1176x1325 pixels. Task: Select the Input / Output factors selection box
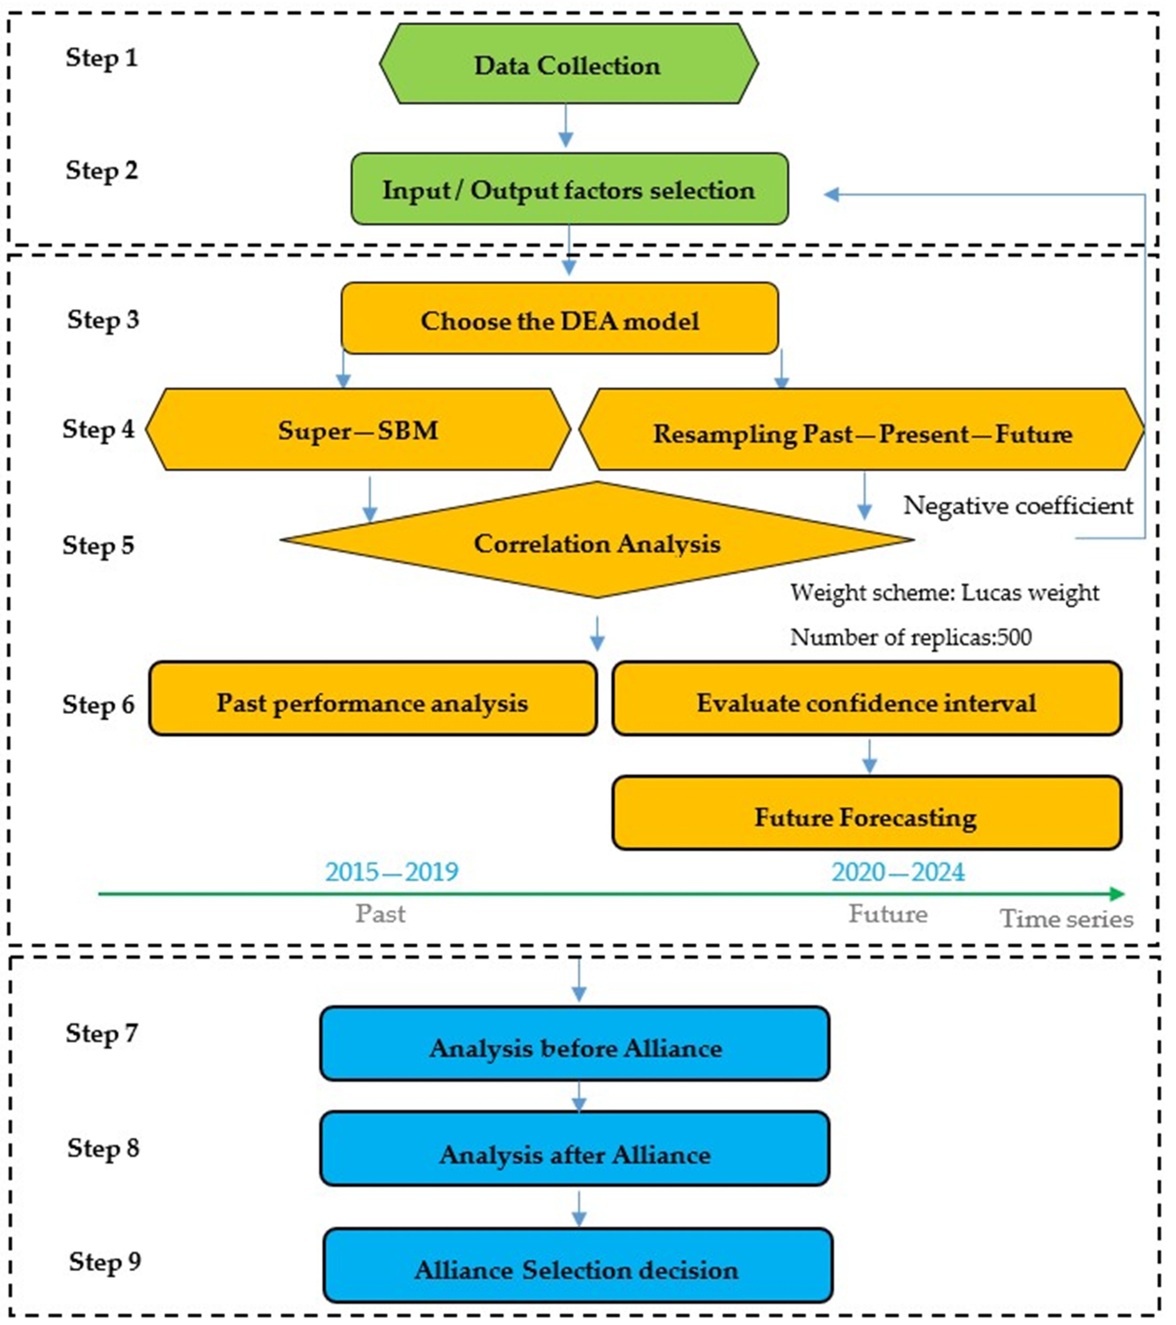[569, 189]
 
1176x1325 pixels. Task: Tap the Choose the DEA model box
[560, 319]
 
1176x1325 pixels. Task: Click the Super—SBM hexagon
[358, 430]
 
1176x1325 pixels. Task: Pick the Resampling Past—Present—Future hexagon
[861, 431]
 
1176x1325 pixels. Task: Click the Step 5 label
[98, 545]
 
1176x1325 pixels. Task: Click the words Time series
[1066, 918]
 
